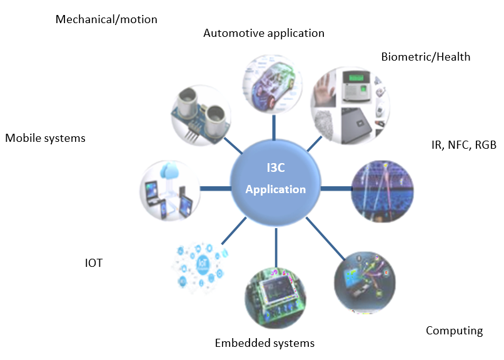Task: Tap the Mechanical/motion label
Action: (x=106, y=19)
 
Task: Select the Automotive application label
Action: (x=264, y=33)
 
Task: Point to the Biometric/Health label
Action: (x=425, y=57)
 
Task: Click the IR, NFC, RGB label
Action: (x=463, y=146)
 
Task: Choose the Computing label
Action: (x=454, y=331)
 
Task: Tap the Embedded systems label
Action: (x=265, y=343)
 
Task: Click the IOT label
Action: (x=93, y=264)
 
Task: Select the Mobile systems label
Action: (x=45, y=138)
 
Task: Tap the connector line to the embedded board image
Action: (x=276, y=249)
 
